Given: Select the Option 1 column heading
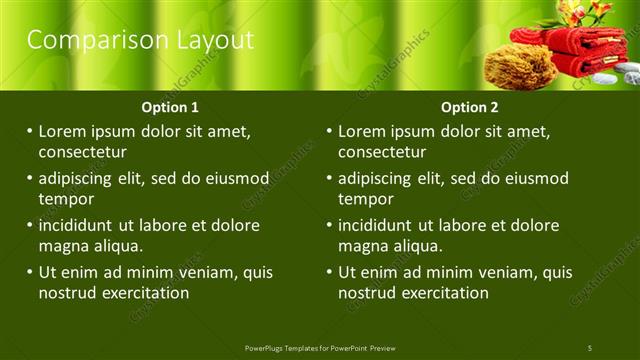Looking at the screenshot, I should pyautogui.click(x=171, y=107).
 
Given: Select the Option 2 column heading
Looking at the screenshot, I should pyautogui.click(x=470, y=107).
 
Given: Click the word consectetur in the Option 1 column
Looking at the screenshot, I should pyautogui.click(x=82, y=153).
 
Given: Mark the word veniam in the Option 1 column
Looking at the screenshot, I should pyautogui.click(x=210, y=272).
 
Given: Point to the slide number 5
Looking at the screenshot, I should pyautogui.click(x=589, y=347).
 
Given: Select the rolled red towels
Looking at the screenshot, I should pyautogui.click(x=570, y=50).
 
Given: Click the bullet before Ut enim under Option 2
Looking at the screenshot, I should pyautogui.click(x=329, y=272).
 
